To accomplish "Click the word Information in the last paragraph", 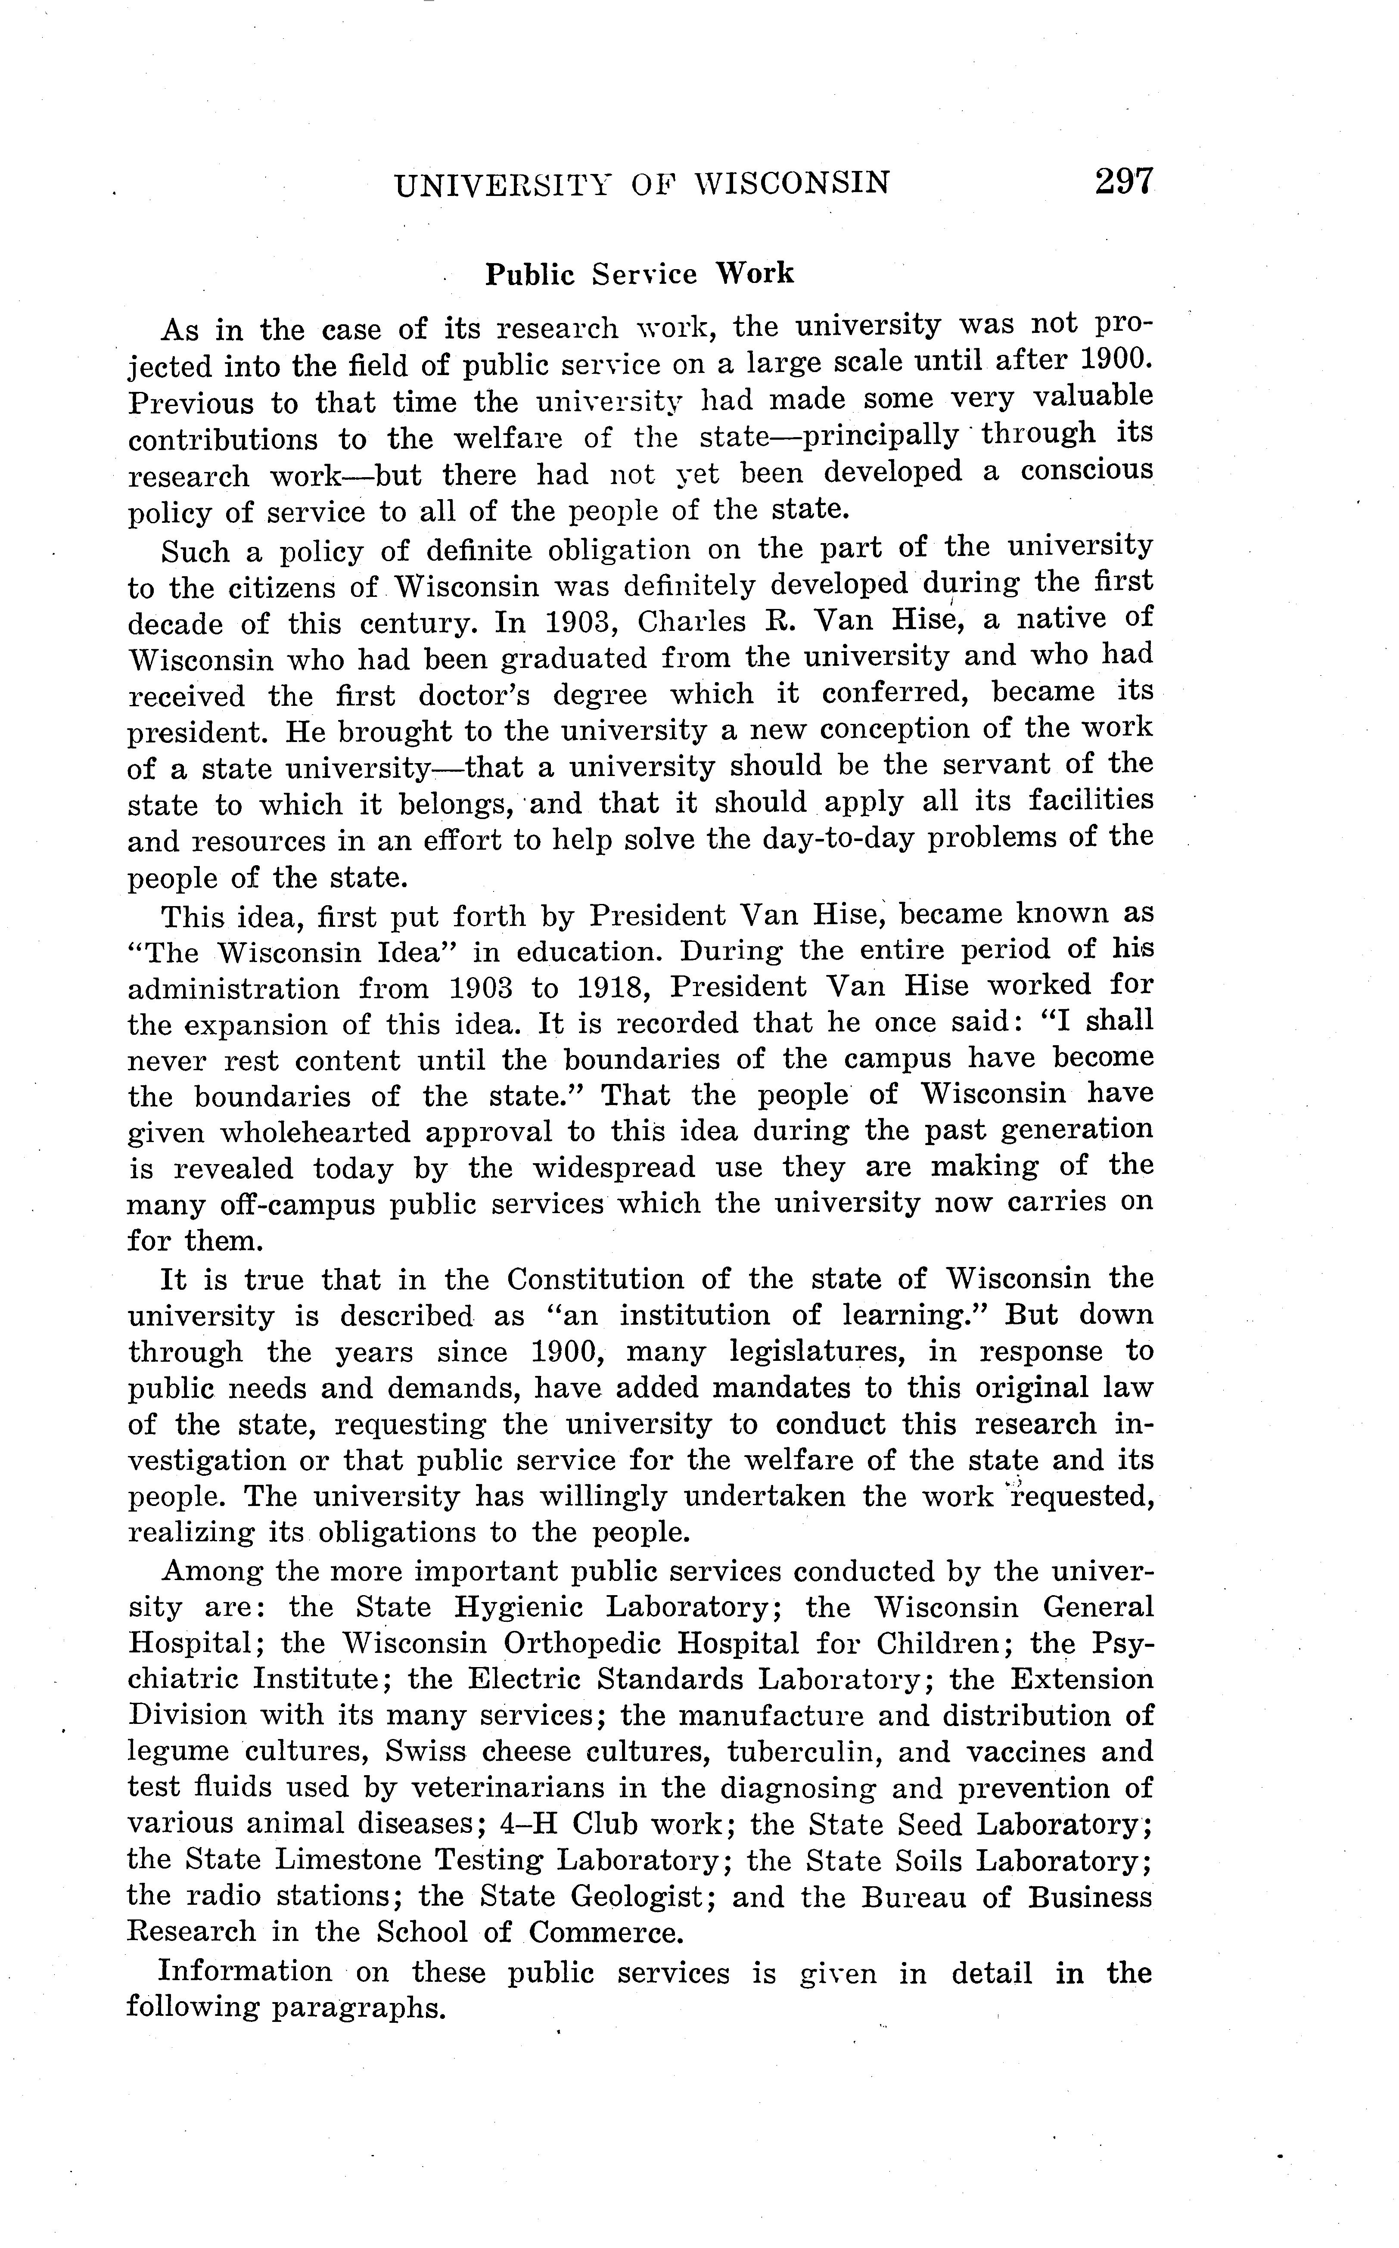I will tap(245, 1972).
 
